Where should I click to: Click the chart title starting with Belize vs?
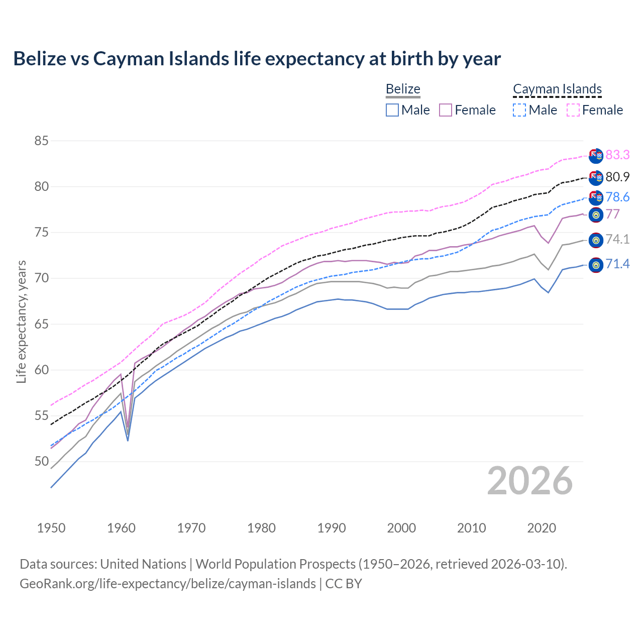point(257,59)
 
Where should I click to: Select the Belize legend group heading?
point(403,89)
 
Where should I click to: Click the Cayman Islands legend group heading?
point(557,89)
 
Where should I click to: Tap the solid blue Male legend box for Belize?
point(392,110)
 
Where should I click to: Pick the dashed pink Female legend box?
point(573,110)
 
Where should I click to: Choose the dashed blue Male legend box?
point(519,110)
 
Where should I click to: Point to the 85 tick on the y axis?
point(41,141)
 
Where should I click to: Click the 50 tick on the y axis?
point(41,461)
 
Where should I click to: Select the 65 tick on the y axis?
point(41,324)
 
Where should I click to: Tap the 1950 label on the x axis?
point(51,528)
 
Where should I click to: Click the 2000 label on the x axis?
point(402,528)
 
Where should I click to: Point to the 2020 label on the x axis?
point(542,528)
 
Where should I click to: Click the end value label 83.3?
point(617,155)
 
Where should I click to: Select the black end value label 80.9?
point(617,177)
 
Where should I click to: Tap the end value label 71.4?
point(617,264)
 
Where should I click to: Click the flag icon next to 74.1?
point(596,240)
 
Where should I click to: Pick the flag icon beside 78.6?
point(596,197)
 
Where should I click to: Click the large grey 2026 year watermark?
point(529,481)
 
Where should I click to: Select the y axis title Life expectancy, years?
point(21,321)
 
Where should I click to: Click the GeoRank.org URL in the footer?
point(168,584)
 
